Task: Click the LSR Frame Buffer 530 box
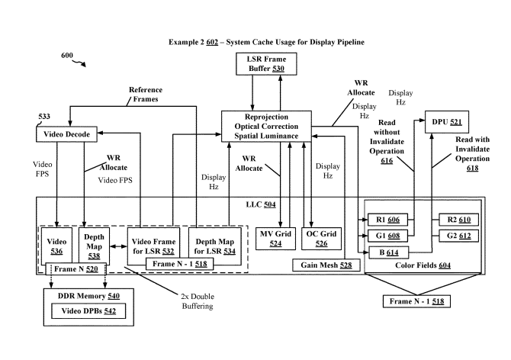click(266, 64)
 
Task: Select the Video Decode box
click(66, 134)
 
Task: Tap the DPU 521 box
click(447, 122)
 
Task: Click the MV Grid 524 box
click(275, 239)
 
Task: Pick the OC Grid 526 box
click(321, 239)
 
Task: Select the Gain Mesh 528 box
click(326, 265)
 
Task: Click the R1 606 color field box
click(387, 220)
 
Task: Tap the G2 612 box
click(459, 236)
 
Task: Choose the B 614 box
click(388, 252)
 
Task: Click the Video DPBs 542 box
click(88, 311)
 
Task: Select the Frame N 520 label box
click(76, 269)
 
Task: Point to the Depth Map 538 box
click(94, 246)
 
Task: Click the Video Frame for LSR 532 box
click(153, 246)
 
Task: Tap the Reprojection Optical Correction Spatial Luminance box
click(266, 127)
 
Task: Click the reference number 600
click(67, 56)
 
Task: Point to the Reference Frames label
click(146, 95)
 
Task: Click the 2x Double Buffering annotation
click(198, 301)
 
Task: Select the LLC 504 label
click(261, 204)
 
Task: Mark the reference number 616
click(387, 161)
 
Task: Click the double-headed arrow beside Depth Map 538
click(119, 246)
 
